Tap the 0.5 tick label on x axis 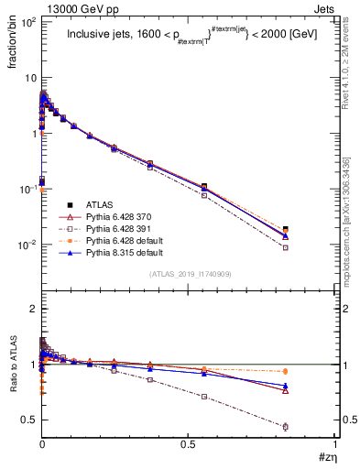(x=189, y=445)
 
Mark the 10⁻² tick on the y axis (x=27, y=245)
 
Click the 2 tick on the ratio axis (x=30, y=309)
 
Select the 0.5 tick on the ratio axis (x=27, y=420)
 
